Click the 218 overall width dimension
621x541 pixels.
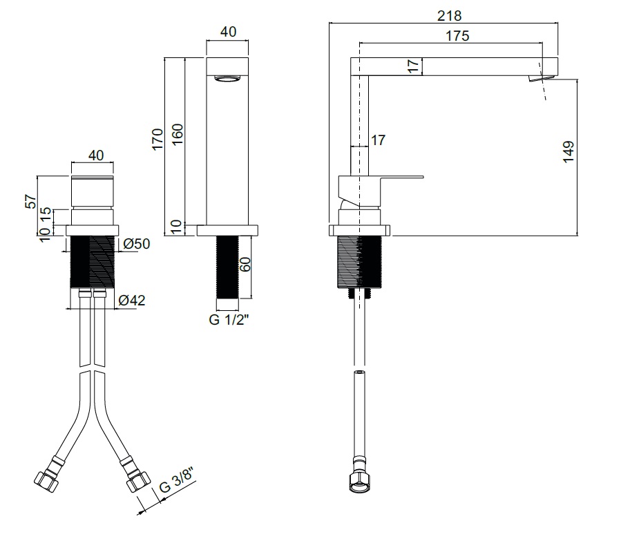[449, 16]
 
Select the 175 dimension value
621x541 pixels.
[457, 36]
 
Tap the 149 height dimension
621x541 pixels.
[569, 151]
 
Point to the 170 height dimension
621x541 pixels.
[157, 139]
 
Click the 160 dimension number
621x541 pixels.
[178, 134]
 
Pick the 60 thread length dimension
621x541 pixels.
[245, 264]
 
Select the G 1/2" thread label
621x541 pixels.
[229, 320]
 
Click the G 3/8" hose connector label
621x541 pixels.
[178, 480]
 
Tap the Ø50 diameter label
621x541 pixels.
[137, 244]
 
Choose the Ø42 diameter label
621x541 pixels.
[132, 300]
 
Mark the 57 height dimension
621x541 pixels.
[30, 202]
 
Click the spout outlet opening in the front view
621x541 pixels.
[227, 78]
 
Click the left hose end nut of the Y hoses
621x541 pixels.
[46, 481]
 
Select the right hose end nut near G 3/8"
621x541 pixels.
[139, 480]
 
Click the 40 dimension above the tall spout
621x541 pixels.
[228, 32]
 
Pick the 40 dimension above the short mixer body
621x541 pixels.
[96, 155]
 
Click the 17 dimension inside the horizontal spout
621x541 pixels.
[413, 66]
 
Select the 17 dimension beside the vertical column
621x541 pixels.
[378, 140]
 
